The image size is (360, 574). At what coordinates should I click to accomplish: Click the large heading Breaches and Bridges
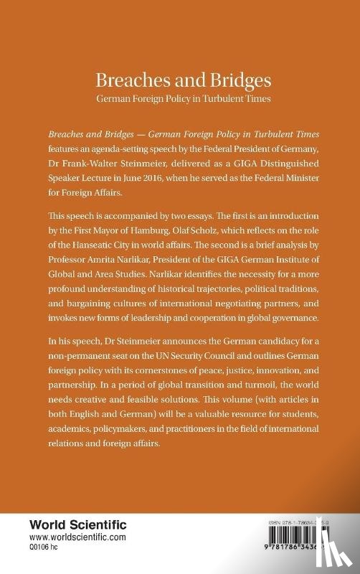(x=179, y=80)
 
